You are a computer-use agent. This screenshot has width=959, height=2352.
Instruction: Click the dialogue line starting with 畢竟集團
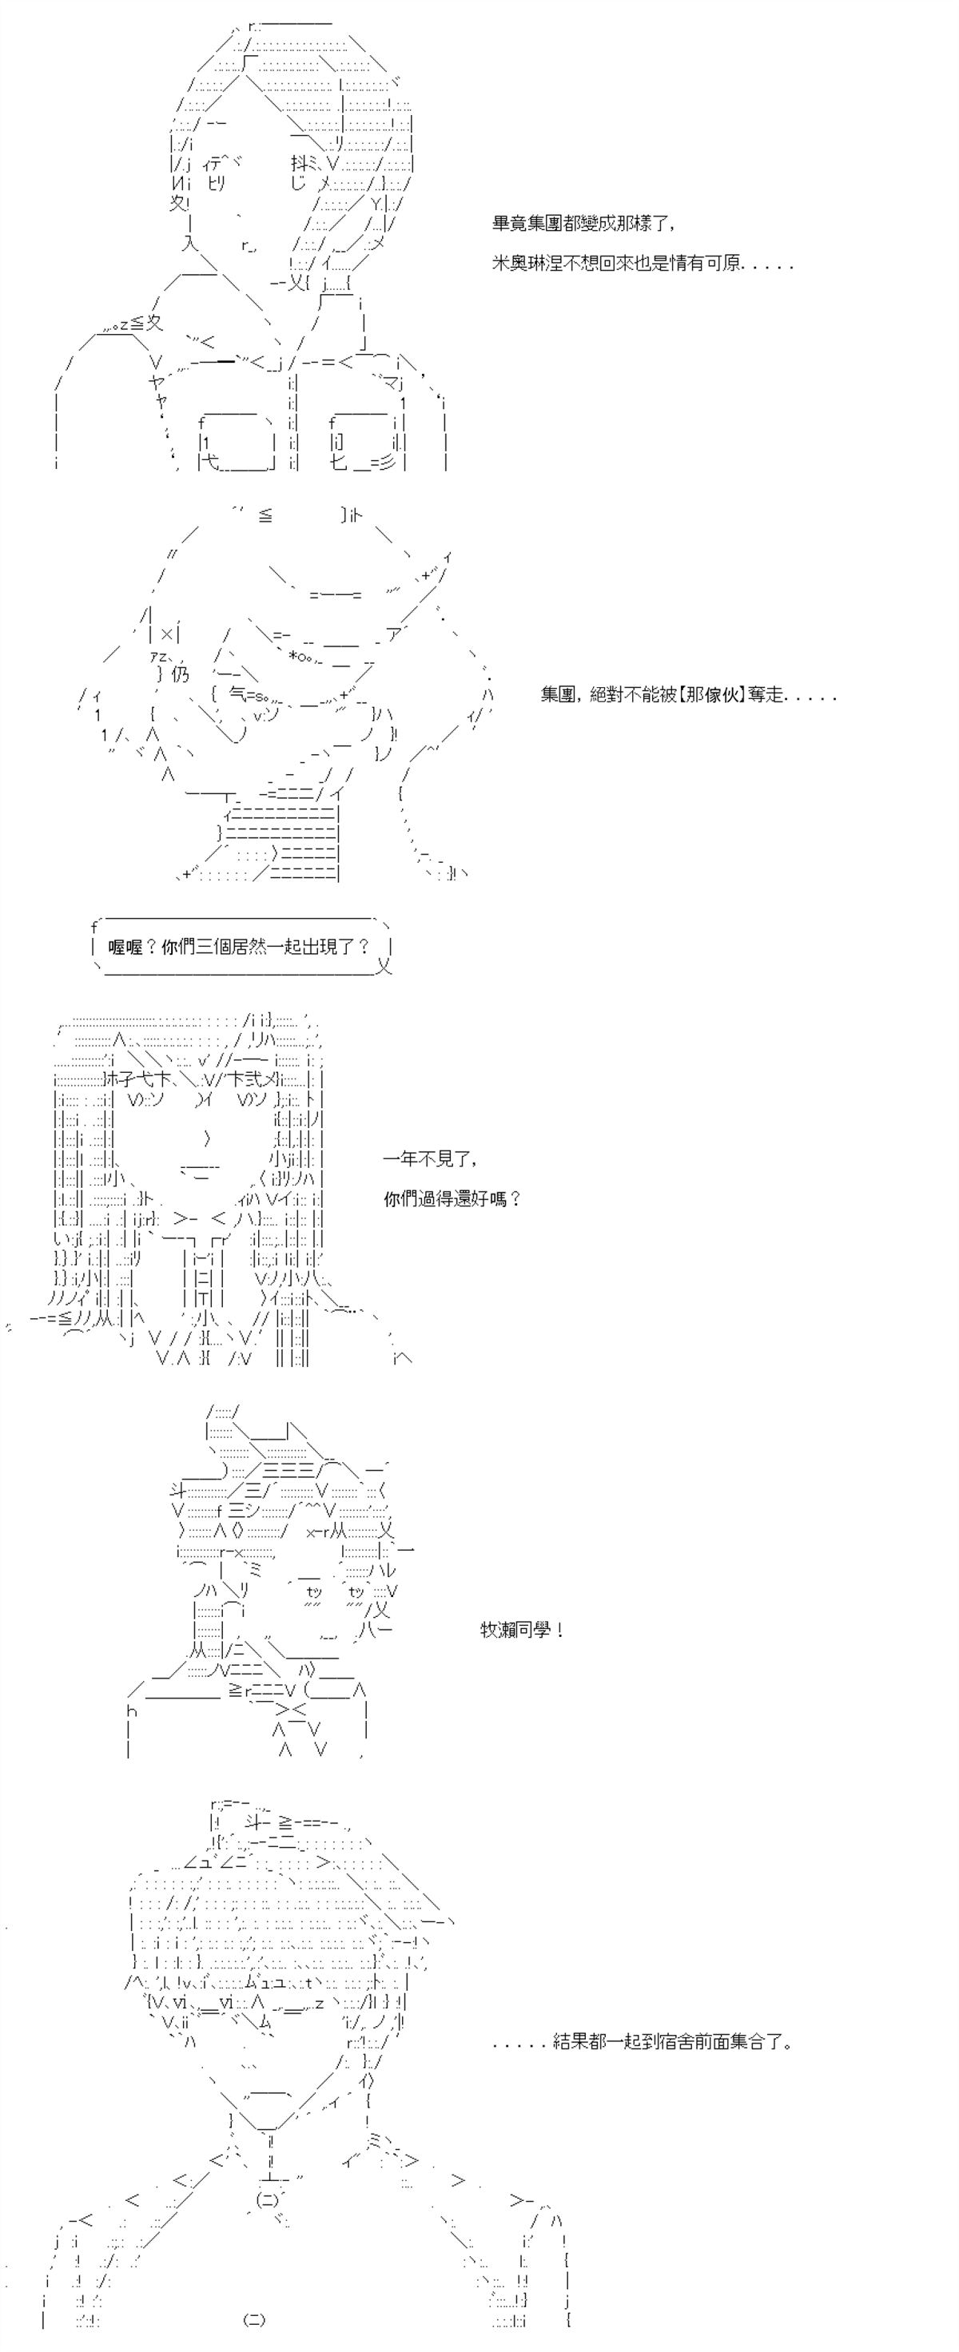[x=584, y=224]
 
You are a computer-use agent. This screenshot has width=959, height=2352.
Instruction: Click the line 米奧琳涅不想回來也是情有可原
[x=642, y=264]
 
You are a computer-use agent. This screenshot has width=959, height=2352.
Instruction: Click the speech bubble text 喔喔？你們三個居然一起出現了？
[x=239, y=947]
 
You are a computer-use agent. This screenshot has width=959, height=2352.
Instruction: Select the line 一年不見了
[x=430, y=1158]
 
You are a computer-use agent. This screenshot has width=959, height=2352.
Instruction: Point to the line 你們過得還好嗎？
[x=452, y=1199]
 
